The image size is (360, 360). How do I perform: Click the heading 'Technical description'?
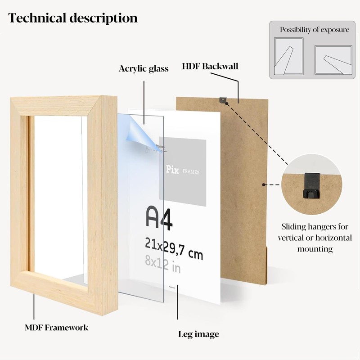[x=73, y=18]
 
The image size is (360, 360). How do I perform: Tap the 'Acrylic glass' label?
[x=144, y=69]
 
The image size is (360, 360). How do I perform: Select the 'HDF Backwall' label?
[x=210, y=67]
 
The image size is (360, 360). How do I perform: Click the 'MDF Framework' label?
[x=56, y=328]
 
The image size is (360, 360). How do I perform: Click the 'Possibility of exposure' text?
[x=315, y=30]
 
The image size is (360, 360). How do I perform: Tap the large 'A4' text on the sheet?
[x=160, y=218]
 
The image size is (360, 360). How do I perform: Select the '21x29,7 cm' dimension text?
[x=173, y=249]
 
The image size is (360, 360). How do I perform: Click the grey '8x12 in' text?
[x=162, y=265]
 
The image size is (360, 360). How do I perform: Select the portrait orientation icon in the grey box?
[x=288, y=56]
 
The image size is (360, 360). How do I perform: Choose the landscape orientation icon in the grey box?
[x=333, y=59]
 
